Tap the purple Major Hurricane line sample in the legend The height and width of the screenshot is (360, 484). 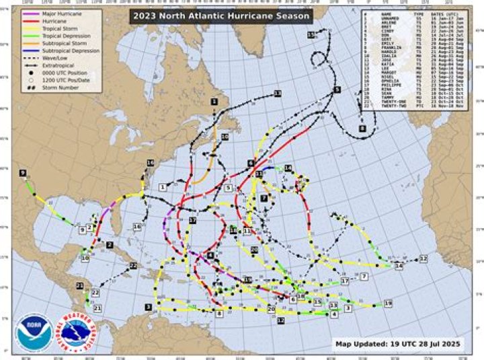pos(30,13)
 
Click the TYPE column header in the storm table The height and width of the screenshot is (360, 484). pos(418,13)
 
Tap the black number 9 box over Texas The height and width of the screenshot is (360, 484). pos(23,173)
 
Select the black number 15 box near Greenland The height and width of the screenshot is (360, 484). pos(310,34)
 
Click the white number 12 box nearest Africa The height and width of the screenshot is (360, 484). pos(424,258)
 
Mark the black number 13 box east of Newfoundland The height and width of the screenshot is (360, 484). pos(277,93)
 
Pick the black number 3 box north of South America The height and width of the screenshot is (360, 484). pos(147,307)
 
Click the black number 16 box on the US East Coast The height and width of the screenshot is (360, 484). pos(151,163)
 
